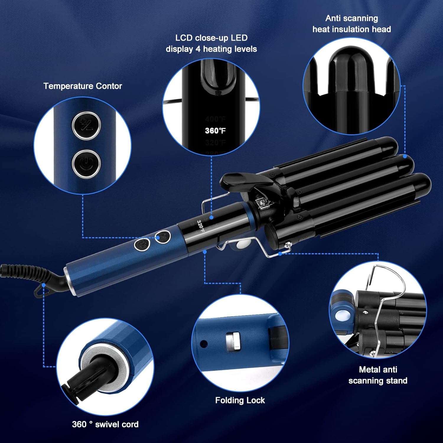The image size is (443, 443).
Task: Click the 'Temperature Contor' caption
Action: click(83, 86)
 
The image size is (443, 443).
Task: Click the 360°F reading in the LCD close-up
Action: click(215, 131)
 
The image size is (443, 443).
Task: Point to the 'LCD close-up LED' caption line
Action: click(211, 38)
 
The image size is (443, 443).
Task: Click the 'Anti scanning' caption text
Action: click(351, 18)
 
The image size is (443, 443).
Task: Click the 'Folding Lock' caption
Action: click(240, 400)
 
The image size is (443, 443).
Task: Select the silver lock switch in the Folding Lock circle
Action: click(233, 342)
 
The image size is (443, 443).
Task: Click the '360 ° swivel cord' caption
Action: click(105, 424)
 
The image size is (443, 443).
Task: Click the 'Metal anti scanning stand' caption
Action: click(378, 375)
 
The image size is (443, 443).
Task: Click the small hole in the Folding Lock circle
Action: click(203, 344)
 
